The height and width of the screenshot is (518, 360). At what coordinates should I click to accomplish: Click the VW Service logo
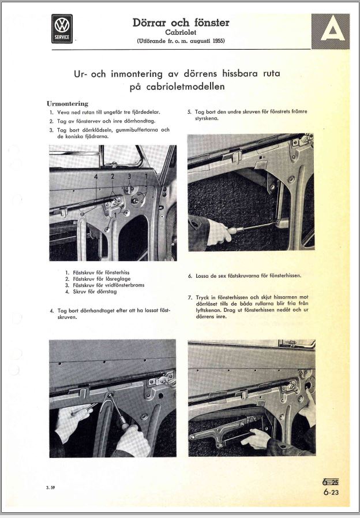pyautogui.click(x=62, y=29)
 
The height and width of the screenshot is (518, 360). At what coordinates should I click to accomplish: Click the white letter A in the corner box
pyautogui.click(x=333, y=29)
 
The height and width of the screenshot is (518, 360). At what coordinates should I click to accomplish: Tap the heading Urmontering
pyautogui.click(x=67, y=103)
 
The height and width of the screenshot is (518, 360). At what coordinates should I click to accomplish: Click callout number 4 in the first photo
pyautogui.click(x=96, y=174)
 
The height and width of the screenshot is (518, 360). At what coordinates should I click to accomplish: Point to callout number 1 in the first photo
pyautogui.click(x=146, y=174)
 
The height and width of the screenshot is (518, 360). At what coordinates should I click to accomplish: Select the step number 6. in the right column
pyautogui.click(x=190, y=276)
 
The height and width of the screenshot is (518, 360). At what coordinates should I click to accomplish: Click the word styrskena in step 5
pyautogui.click(x=208, y=119)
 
